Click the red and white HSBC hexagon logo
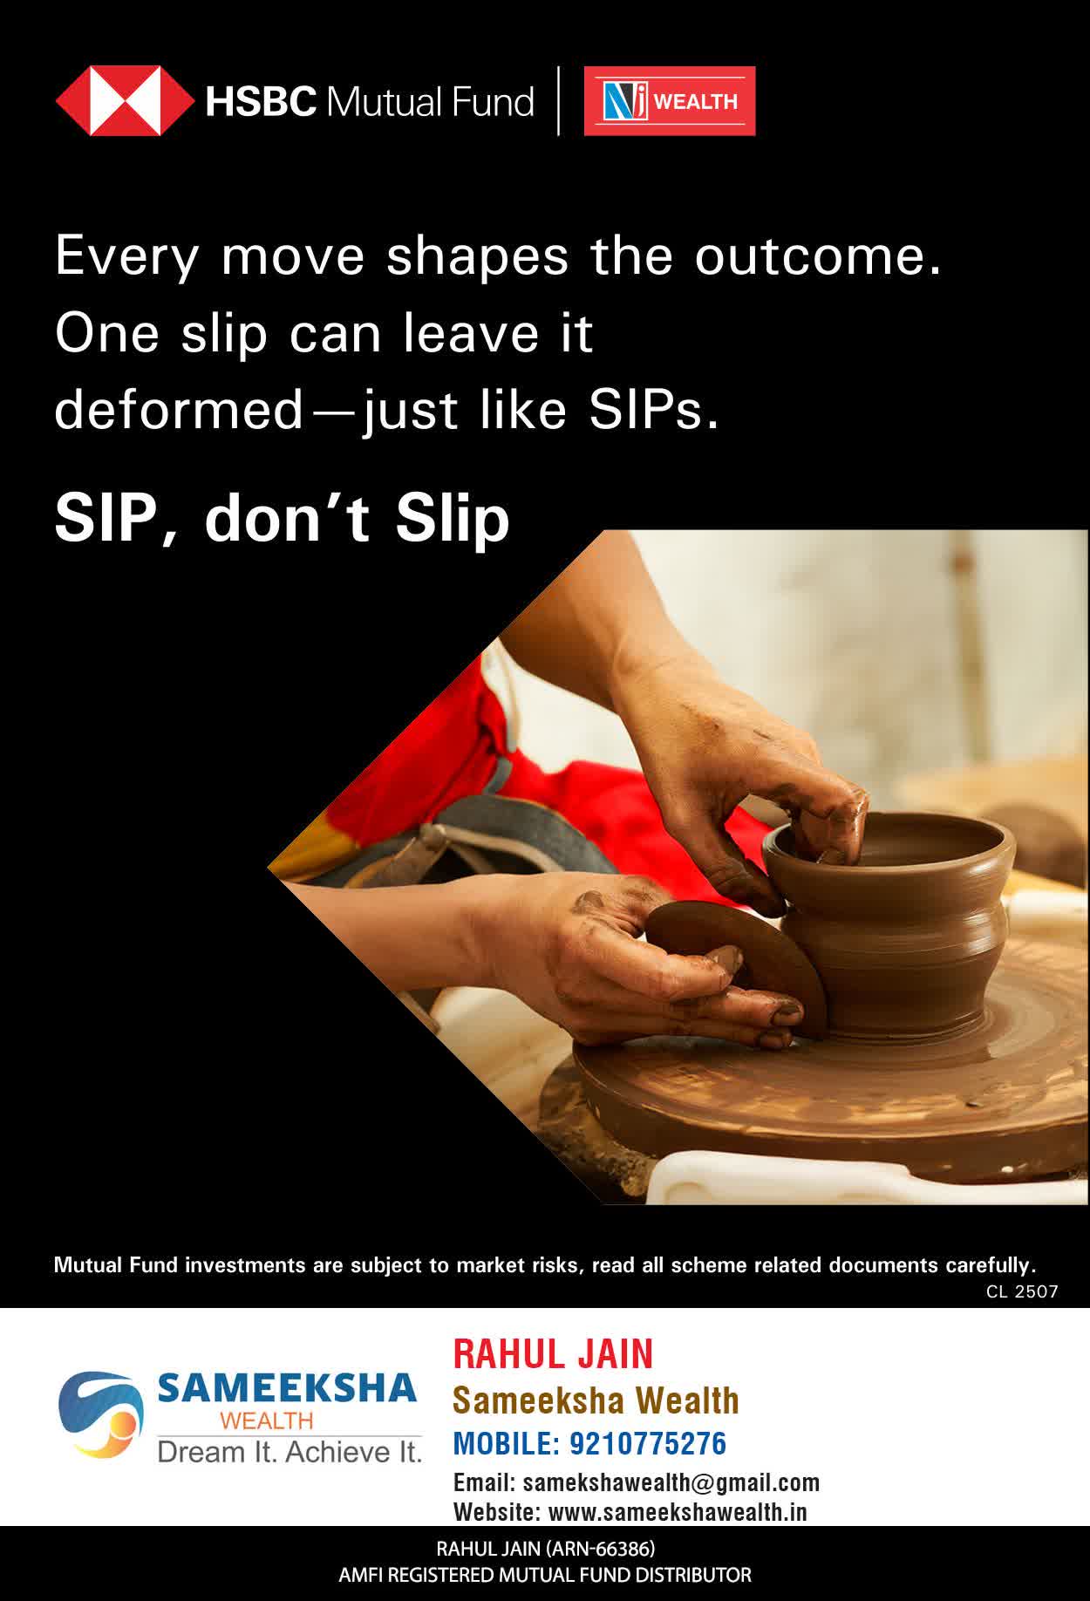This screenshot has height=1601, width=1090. (125, 101)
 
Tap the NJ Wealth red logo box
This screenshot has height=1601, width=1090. (670, 101)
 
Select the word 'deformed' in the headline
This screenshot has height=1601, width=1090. (179, 409)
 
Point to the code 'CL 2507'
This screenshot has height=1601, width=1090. (1022, 1291)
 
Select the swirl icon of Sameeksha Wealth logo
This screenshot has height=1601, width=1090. (99, 1414)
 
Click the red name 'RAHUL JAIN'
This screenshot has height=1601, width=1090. (553, 1354)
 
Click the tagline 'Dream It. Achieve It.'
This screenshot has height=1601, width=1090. (290, 1452)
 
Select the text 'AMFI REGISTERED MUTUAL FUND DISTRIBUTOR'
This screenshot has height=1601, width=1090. (545, 1575)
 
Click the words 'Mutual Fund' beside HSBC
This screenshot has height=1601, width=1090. (429, 102)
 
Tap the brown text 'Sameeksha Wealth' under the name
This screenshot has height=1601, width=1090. (596, 1400)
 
